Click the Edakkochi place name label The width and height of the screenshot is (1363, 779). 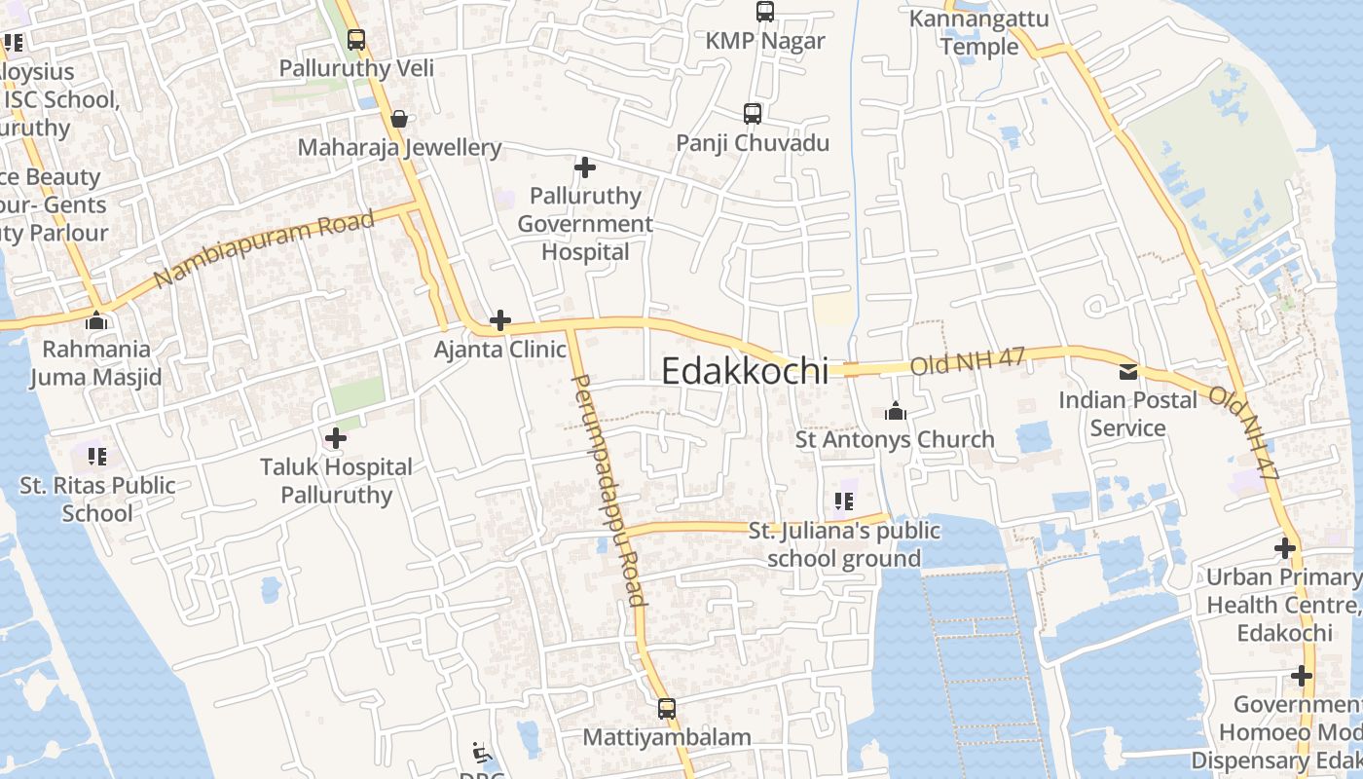745,371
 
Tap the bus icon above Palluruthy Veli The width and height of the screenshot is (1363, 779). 356,40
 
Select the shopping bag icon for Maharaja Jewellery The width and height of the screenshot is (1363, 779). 399,119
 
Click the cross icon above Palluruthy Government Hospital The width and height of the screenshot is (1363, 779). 585,167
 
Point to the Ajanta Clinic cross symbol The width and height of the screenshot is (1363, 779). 500,319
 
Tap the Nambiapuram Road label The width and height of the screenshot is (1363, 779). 264,248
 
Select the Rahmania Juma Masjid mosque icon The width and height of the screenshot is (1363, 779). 96,320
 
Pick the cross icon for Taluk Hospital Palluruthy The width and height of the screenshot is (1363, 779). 336,438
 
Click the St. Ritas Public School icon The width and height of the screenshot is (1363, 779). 96,456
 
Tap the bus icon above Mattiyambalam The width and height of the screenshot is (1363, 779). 667,708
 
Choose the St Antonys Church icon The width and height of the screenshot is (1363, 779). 896,411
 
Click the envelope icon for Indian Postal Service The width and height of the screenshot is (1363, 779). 1127,371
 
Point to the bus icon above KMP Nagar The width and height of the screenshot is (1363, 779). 765,12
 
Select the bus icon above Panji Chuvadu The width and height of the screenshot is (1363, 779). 753,114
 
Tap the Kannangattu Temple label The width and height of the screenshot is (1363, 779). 965,32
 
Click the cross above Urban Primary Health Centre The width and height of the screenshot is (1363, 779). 1285,548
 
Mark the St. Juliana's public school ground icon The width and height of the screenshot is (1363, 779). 843,501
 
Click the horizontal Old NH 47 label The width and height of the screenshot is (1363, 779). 968,361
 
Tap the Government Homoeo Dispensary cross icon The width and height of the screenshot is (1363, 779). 1302,675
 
